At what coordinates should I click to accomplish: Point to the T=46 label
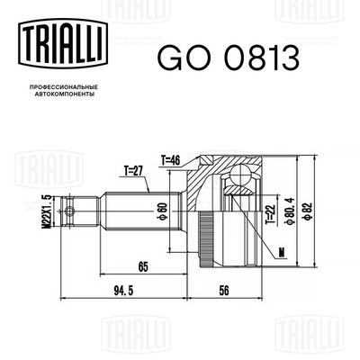coord(172,158)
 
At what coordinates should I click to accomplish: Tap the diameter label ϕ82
coord(309,209)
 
